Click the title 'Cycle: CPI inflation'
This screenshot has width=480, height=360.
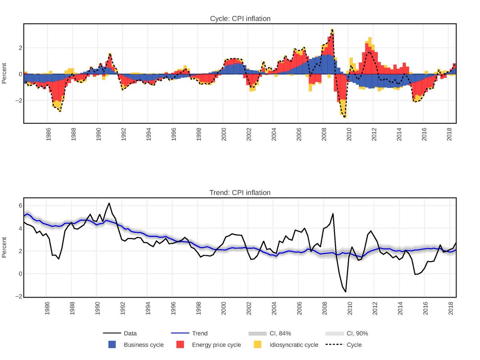coord(240,18)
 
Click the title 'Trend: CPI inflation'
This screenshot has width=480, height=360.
coord(240,193)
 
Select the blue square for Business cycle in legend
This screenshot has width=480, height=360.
coord(112,344)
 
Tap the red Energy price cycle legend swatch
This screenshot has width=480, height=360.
coord(180,344)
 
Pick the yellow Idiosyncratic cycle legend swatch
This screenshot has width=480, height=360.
coord(258,344)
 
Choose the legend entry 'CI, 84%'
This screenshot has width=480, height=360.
coord(257,333)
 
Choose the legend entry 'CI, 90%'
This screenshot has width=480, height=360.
coord(334,333)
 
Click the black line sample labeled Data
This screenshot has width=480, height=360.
coord(112,333)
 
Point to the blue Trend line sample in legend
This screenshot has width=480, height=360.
coord(180,333)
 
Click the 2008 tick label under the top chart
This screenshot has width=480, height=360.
coord(324,135)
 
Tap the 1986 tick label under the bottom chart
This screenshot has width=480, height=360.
coord(47,309)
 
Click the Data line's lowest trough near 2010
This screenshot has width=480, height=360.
coord(345,292)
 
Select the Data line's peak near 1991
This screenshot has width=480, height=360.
coord(109,203)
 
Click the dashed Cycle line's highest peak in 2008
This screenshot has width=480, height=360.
coord(332,29)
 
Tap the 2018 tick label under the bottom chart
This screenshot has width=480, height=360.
coord(450,309)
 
